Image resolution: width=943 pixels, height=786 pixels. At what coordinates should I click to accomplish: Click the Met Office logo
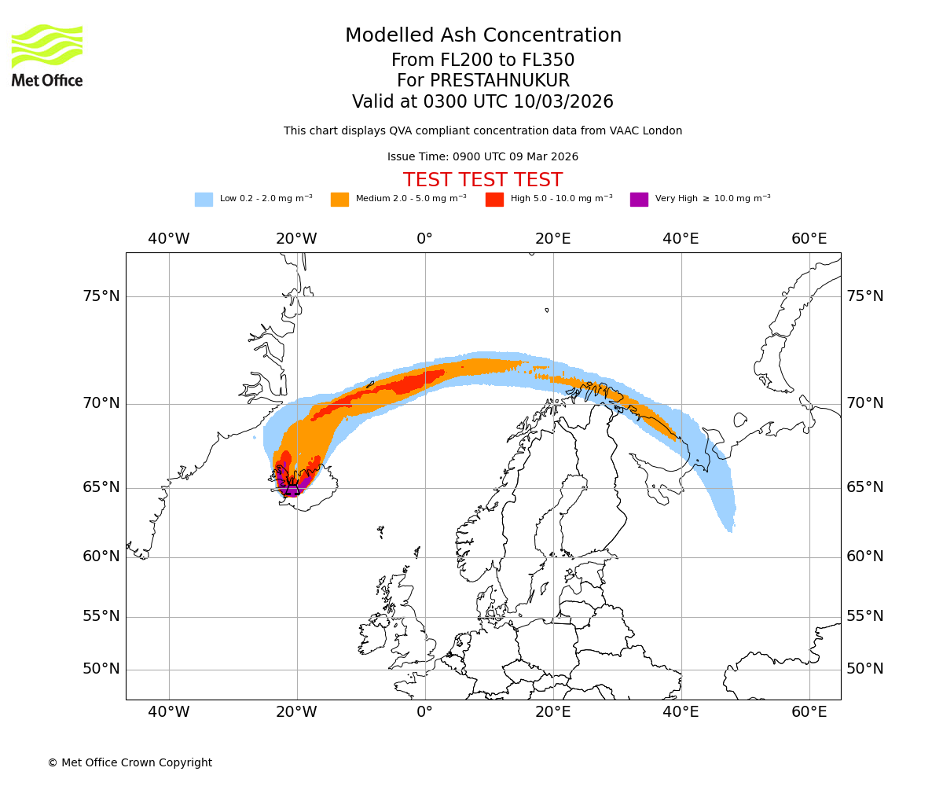tap(47, 55)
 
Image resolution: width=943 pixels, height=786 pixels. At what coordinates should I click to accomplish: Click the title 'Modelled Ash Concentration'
tap(483, 36)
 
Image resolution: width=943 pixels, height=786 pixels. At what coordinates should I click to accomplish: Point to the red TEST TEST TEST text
tap(483, 181)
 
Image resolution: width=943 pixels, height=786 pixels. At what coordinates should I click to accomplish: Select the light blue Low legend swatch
tap(204, 200)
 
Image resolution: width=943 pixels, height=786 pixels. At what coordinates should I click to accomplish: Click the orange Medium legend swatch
tap(339, 200)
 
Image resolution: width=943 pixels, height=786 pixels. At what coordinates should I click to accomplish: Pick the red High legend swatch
tap(494, 200)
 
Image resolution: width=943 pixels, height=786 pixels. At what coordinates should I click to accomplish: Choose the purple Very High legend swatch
tap(639, 200)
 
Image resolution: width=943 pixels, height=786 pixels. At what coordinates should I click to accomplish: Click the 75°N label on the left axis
tap(101, 296)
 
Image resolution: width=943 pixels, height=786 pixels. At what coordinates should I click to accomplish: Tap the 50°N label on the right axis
tap(864, 669)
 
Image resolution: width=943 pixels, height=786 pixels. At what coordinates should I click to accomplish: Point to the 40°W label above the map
tap(168, 239)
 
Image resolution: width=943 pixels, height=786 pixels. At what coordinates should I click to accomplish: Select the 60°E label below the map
tap(809, 712)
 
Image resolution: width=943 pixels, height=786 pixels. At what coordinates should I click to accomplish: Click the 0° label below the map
tap(424, 712)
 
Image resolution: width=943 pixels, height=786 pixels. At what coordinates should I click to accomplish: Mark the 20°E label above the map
tap(552, 239)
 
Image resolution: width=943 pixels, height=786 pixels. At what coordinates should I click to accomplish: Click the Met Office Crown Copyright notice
tap(130, 763)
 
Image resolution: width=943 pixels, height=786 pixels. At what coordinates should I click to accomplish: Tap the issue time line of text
tap(483, 157)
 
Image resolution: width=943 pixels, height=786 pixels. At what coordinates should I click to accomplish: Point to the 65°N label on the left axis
tap(101, 487)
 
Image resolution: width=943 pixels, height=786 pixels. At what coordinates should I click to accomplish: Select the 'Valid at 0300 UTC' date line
tap(483, 102)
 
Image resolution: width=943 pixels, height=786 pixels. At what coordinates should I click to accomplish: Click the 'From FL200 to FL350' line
tap(483, 61)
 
